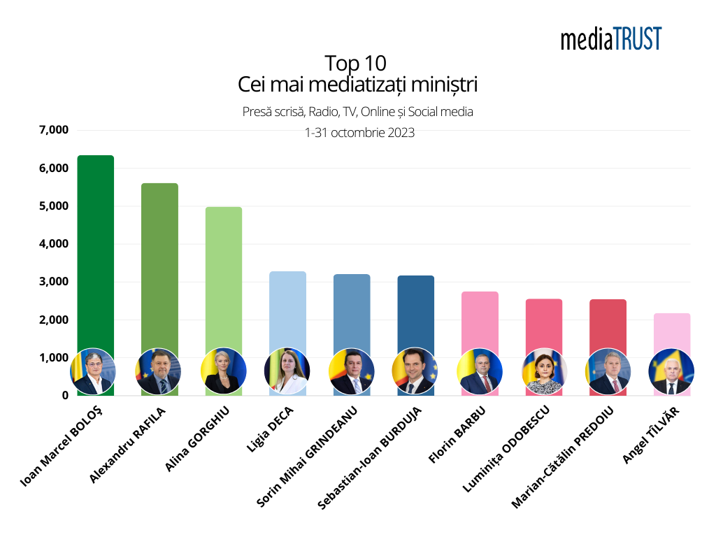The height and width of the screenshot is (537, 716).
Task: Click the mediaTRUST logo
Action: [610, 38]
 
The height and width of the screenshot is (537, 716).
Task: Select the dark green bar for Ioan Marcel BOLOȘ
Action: [95, 252]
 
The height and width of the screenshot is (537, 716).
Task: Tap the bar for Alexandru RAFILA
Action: [159, 266]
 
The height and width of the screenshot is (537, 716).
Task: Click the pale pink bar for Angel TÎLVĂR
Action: [672, 332]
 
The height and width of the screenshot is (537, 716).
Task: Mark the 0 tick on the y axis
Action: [64, 396]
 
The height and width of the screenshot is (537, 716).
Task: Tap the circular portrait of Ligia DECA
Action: [287, 371]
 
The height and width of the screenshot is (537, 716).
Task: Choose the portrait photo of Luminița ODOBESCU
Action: [544, 371]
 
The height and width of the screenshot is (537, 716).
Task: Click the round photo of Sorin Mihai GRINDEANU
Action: [351, 371]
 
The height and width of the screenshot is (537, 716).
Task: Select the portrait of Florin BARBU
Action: [480, 371]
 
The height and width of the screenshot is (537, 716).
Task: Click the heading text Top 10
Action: [356, 63]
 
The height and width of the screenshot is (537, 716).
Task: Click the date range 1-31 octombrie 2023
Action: [359, 132]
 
